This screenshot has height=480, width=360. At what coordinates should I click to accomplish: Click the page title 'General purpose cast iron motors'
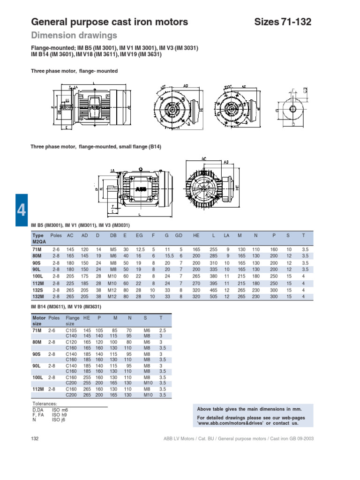point(109,22)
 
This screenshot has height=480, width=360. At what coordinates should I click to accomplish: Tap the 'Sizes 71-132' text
point(282,22)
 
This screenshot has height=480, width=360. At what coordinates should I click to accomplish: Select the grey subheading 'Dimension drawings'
point(74,36)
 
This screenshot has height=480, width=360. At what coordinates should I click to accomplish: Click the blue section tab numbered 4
point(22,210)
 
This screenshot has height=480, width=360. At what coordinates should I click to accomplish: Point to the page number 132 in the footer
point(34,438)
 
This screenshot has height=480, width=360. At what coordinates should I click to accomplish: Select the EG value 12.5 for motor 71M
point(139,250)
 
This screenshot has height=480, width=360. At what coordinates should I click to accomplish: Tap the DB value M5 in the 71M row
point(113,250)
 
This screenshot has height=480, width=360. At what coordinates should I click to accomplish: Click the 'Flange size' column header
point(73,321)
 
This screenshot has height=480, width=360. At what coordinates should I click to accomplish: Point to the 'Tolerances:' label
point(45,404)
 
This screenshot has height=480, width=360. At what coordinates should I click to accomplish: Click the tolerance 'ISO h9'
point(59,414)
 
